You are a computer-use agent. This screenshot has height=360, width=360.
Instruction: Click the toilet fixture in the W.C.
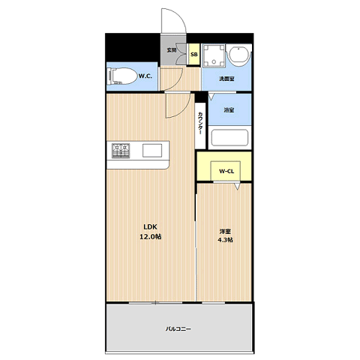(x=122, y=76)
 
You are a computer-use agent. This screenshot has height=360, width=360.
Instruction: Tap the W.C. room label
(x=145, y=76)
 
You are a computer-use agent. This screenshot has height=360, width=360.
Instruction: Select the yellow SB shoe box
(x=194, y=55)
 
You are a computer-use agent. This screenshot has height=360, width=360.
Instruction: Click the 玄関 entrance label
(x=172, y=50)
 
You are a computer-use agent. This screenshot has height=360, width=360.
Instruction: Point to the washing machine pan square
(x=214, y=55)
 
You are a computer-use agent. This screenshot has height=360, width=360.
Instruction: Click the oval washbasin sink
(x=239, y=55)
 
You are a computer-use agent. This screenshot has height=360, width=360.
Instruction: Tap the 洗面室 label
(x=226, y=79)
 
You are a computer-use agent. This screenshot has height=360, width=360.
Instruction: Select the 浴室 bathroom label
(x=229, y=109)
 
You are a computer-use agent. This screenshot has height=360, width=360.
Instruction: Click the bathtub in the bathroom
(x=229, y=137)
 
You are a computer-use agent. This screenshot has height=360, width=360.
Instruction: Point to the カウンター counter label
(x=200, y=123)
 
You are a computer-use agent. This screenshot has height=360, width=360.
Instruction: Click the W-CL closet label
(x=226, y=171)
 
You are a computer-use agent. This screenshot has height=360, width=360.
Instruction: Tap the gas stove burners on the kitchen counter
(x=121, y=151)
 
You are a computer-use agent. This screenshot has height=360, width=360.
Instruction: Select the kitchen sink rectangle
(x=152, y=151)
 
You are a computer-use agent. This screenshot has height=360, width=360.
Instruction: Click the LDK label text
(x=150, y=226)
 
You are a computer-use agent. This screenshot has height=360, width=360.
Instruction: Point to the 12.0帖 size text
(x=150, y=236)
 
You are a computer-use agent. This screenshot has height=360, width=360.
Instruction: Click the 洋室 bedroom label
(x=225, y=231)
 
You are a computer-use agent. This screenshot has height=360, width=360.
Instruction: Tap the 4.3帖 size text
(x=225, y=240)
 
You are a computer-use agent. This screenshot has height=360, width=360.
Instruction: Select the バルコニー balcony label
(x=178, y=328)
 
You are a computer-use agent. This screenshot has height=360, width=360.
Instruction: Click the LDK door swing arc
(x=184, y=110)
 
